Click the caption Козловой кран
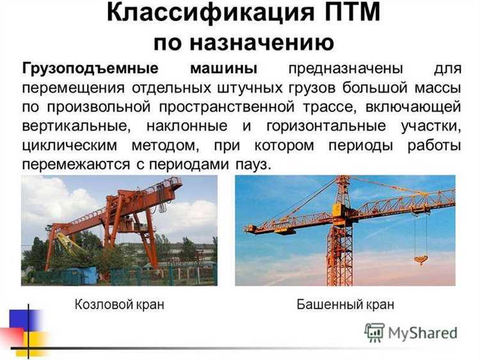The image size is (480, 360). point(119,305)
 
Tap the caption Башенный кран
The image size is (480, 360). point(346,305)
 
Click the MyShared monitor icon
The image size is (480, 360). point(374,332)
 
